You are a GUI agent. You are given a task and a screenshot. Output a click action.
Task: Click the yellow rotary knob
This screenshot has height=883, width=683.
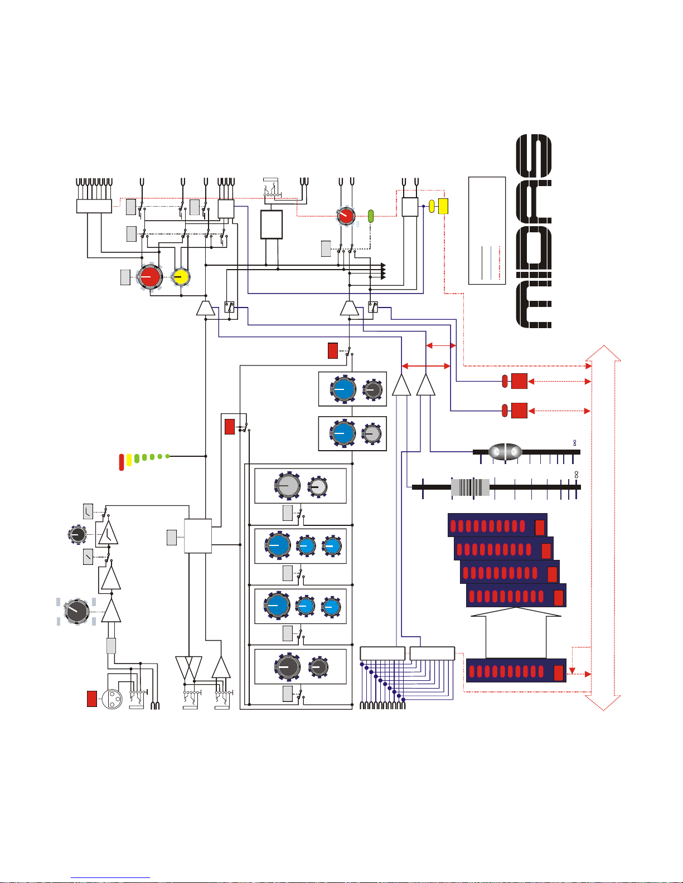point(181,277)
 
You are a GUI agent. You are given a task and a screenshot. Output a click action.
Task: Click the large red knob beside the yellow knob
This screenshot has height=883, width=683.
point(150,277)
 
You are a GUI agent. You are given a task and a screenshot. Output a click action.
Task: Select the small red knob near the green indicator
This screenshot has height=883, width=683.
point(346,216)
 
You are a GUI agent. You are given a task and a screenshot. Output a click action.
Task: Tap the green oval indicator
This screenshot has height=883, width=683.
point(370,216)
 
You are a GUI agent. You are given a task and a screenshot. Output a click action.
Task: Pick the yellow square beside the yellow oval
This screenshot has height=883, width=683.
point(443,206)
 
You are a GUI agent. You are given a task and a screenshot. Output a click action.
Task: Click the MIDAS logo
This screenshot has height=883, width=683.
point(534,231)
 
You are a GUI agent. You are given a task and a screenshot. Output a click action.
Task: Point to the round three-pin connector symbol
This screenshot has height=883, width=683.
point(112,699)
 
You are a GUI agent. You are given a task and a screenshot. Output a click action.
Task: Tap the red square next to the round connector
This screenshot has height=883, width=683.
point(92,699)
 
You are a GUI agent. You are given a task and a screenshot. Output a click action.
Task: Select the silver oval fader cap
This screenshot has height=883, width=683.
point(505,452)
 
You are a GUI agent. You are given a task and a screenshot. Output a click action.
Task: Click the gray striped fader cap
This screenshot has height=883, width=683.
point(471,487)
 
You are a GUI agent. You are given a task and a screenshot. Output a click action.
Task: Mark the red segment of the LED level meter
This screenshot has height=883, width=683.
point(121,462)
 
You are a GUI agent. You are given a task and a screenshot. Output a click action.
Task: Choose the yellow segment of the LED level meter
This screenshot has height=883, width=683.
point(129,460)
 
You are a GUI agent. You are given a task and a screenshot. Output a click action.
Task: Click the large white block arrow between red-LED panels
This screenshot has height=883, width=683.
point(516,632)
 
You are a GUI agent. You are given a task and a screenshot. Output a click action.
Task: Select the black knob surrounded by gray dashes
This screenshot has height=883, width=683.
point(77,611)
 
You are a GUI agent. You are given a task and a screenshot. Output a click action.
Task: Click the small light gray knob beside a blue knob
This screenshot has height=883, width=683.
point(372,433)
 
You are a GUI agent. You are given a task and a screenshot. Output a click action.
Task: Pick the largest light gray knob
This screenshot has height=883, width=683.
point(288,486)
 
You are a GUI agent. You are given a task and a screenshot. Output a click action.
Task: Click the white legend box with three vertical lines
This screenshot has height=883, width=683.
point(487,231)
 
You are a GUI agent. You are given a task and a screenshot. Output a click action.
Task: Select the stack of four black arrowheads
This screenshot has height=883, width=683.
point(383,271)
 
